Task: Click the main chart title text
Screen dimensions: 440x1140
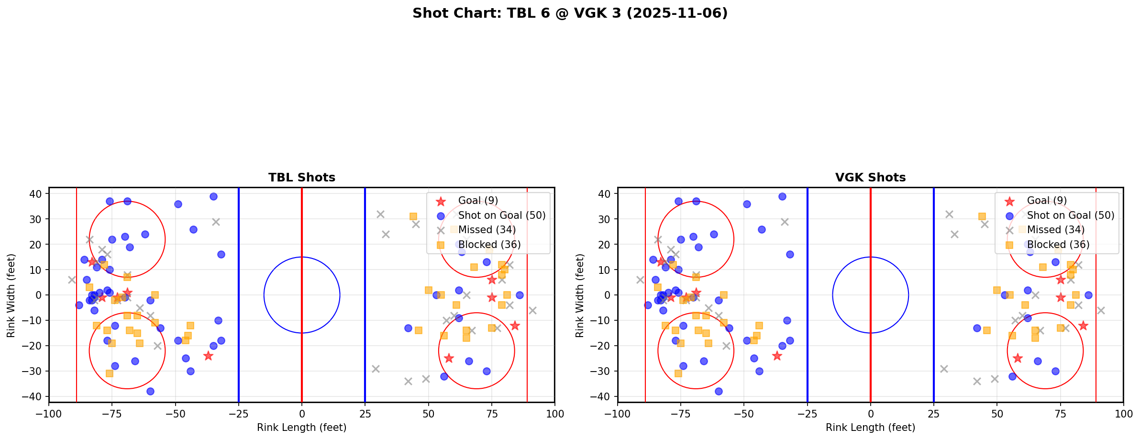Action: (570, 13)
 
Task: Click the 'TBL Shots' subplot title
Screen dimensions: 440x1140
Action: (301, 178)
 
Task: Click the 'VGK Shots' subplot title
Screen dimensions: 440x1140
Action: (870, 178)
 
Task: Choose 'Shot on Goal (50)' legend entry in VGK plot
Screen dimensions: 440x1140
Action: (1070, 215)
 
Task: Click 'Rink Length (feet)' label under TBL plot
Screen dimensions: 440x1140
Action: (301, 428)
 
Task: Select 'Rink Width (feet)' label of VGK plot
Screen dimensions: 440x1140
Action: (580, 295)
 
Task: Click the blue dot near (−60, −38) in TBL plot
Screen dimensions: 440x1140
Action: (150, 391)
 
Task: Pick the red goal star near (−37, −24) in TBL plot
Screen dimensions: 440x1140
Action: (208, 356)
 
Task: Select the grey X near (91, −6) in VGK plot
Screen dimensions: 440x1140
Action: (1100, 310)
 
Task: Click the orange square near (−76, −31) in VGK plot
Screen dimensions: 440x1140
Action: (678, 373)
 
